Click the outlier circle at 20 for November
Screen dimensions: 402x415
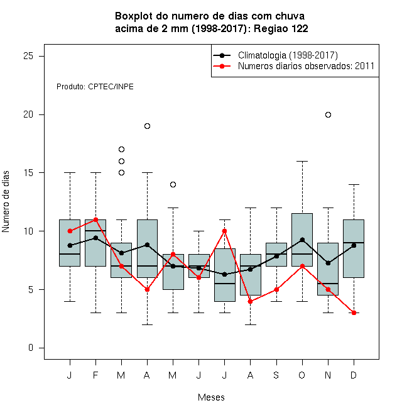[328, 114]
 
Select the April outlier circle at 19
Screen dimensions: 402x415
[148, 126]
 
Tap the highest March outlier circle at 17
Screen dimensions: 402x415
[121, 149]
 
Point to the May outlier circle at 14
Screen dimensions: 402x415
[173, 184]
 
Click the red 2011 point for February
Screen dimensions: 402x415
[95, 219]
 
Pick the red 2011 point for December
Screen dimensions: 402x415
[354, 313]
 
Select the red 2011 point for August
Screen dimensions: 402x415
[251, 301]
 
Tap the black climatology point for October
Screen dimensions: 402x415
[302, 240]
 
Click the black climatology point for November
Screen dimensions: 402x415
[328, 263]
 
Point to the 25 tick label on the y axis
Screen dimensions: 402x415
[28, 56]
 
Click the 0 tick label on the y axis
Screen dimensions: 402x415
[31, 348]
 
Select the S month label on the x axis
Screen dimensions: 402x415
[276, 375]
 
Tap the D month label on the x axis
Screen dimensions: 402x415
[354, 375]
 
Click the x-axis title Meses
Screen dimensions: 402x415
[211, 397]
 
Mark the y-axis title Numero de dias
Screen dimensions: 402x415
[6, 202]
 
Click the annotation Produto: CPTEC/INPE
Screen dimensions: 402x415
[95, 87]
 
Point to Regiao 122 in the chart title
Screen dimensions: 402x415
[281, 28]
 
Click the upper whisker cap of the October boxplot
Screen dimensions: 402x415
[302, 161]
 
